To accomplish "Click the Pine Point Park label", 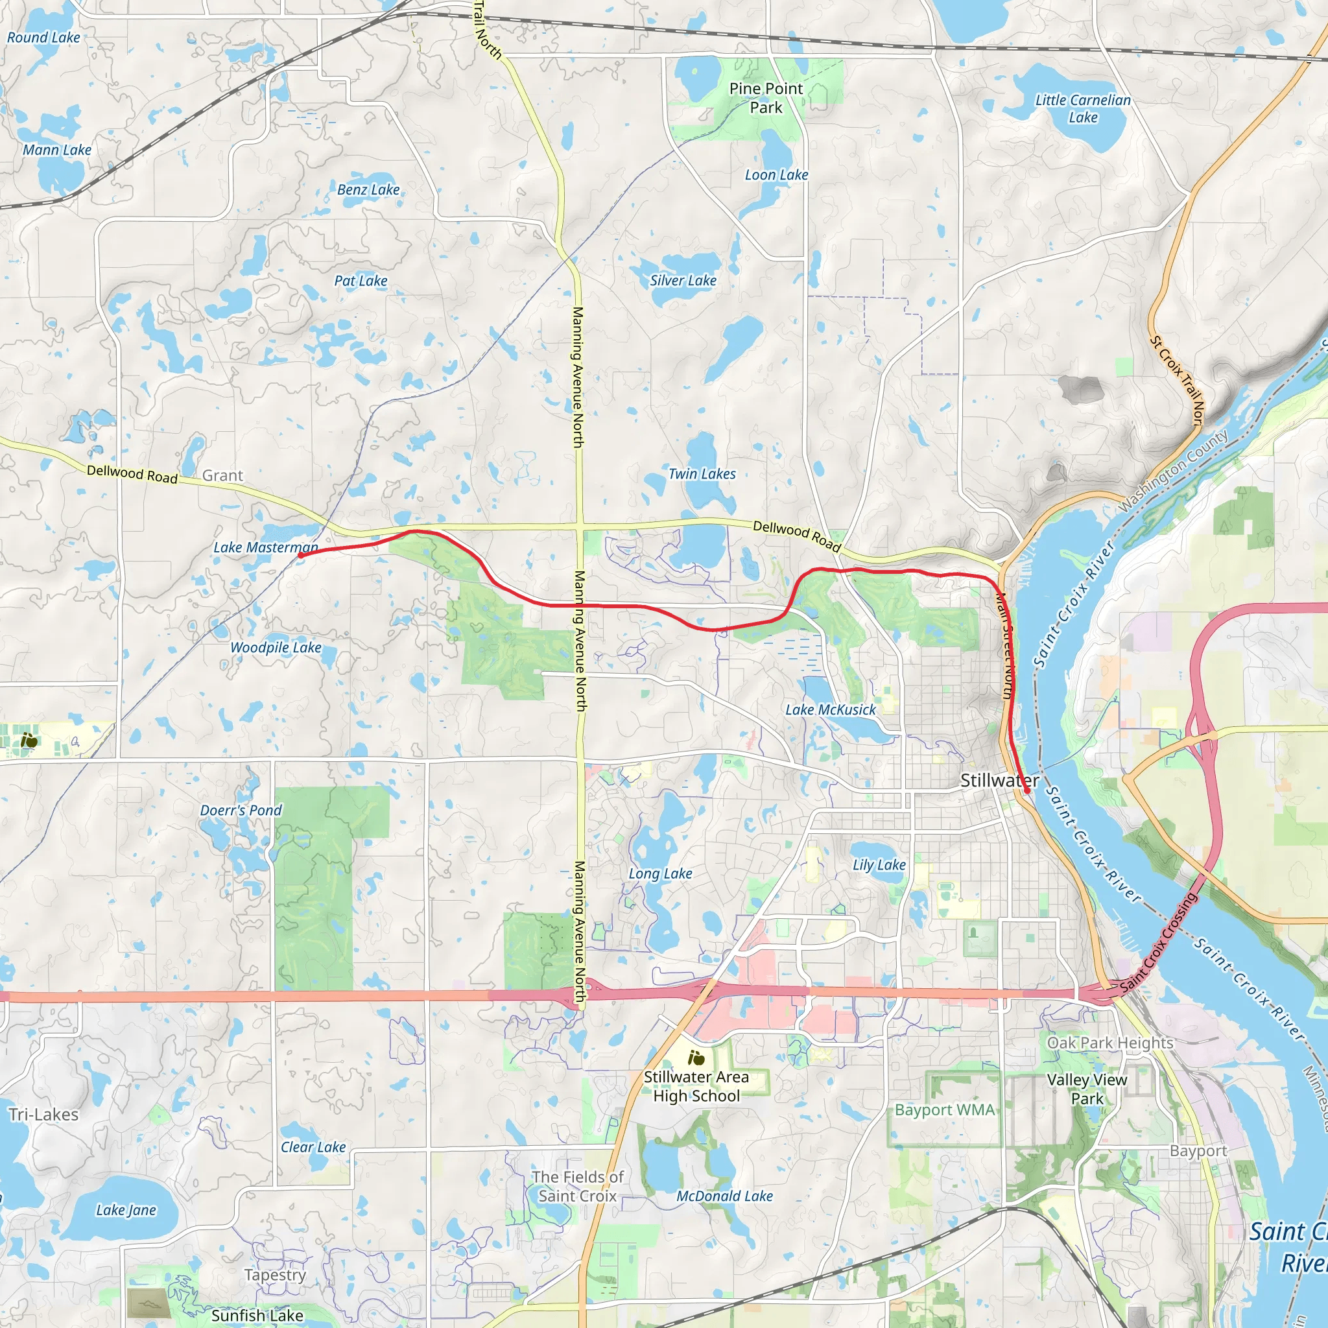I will click(766, 98).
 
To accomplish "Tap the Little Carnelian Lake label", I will click(1083, 108).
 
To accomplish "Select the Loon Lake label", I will click(776, 175).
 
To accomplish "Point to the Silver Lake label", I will click(683, 280).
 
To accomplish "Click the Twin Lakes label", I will click(702, 473).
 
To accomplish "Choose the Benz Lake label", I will click(368, 190).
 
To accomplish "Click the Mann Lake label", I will click(57, 150).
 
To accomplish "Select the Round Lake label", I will click(43, 38).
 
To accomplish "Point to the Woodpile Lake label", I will click(276, 648).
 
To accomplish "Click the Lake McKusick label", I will click(831, 709).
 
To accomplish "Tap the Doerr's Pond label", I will click(241, 811).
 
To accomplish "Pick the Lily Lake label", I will click(879, 865).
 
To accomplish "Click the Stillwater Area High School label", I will click(696, 1086).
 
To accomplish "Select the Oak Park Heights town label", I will click(1110, 1043).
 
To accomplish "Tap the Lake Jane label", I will click(126, 1210).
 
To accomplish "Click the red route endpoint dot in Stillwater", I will click(1027, 790).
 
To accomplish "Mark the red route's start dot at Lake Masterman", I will click(300, 556).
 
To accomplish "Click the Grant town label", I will click(222, 476).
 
